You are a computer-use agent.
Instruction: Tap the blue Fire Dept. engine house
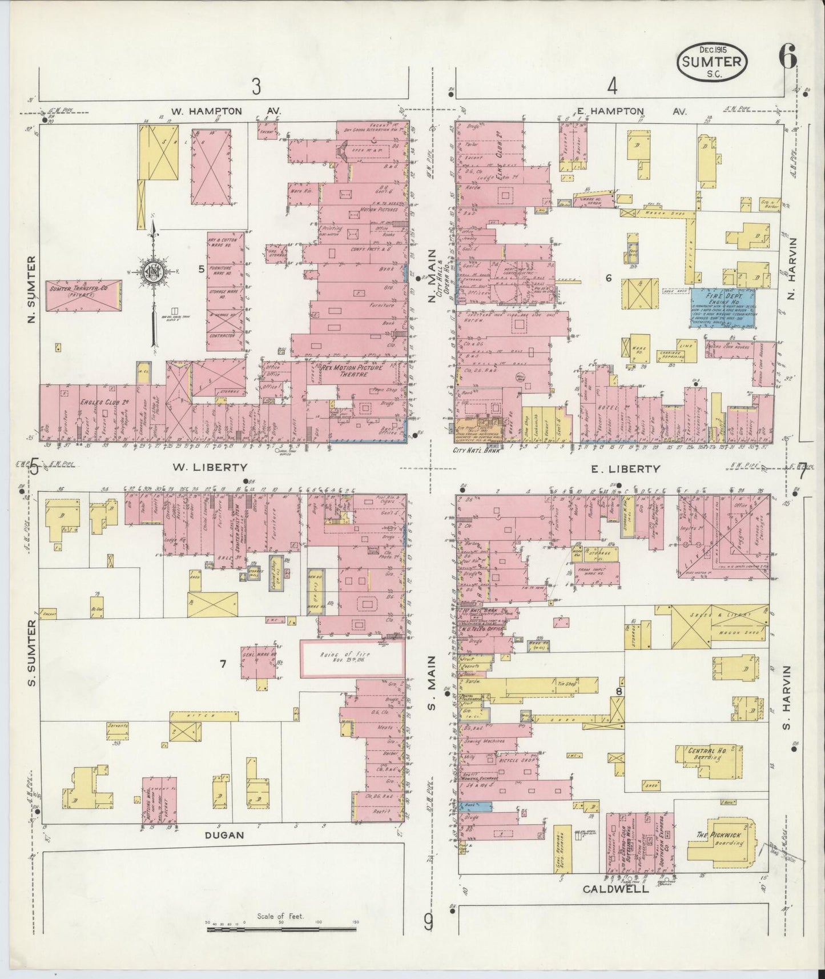click(x=723, y=307)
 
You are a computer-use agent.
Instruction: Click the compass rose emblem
click(x=154, y=272)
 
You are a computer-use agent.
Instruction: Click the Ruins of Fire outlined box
click(x=352, y=659)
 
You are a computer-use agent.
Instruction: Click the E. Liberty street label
click(x=625, y=469)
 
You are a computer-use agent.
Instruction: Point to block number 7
click(x=223, y=664)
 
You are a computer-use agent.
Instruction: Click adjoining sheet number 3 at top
click(x=256, y=87)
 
